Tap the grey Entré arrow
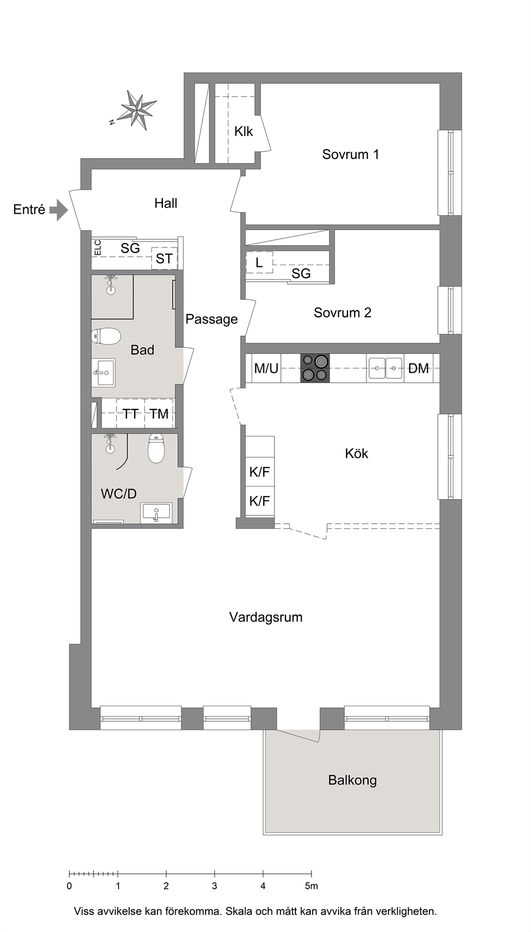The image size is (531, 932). click(59, 210)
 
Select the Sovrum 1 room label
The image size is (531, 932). click(350, 154)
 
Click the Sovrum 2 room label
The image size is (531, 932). click(342, 312)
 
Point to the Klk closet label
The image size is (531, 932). click(243, 131)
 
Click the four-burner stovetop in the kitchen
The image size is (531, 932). click(315, 368)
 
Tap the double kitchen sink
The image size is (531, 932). click(385, 368)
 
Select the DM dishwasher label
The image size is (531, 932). click(418, 368)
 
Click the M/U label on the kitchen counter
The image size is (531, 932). click(266, 368)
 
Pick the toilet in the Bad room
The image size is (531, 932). click(106, 336)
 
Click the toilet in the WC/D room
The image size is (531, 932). click(156, 448)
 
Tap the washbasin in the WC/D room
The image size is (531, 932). click(156, 513)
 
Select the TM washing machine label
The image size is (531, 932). click(159, 414)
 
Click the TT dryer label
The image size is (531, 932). click(130, 414)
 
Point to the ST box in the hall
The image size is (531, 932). click(164, 259)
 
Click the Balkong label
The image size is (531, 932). click(352, 780)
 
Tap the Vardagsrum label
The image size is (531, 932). click(265, 617)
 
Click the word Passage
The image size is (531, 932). click(211, 319)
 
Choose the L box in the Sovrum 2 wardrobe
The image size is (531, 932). click(259, 262)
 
